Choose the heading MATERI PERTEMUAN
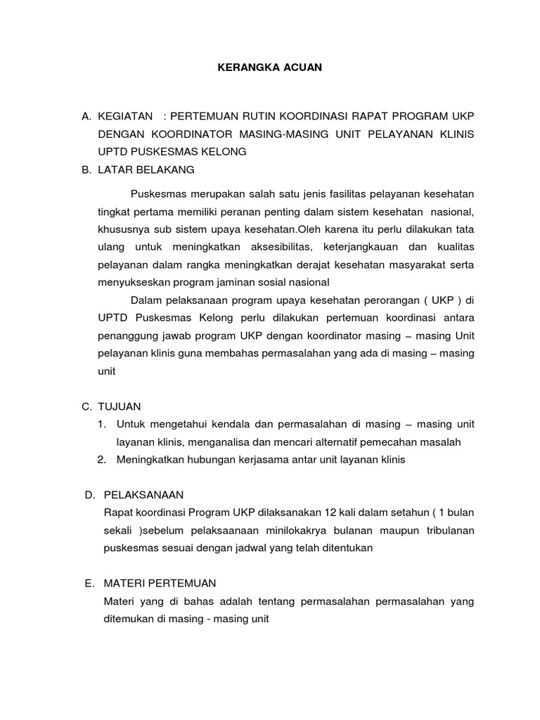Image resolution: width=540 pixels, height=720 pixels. coord(160,584)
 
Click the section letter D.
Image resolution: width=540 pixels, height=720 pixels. coord(90,495)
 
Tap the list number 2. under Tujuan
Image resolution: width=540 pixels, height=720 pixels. coord(102,460)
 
